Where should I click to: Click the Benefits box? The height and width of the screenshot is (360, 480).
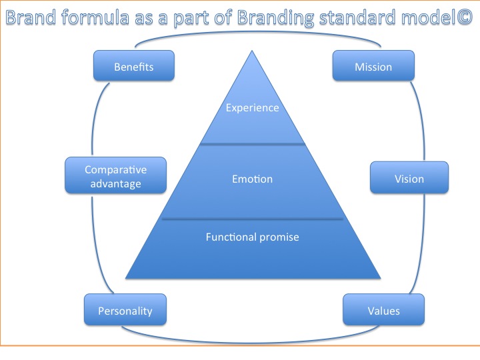pos(133,67)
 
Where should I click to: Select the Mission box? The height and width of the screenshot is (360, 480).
pos(373,67)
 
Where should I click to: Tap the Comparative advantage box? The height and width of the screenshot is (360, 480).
pos(115,176)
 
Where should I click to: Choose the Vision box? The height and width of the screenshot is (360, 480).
pos(409,179)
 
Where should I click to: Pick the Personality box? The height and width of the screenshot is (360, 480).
pos(125,311)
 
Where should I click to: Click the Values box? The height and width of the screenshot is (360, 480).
pos(383,311)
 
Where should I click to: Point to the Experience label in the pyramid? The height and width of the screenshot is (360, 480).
pos(252,107)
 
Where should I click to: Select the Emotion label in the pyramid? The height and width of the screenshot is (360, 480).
pos(252,179)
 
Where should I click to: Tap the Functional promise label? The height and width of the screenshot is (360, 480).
pos(252,237)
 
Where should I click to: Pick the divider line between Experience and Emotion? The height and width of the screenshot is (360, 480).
pos(253,143)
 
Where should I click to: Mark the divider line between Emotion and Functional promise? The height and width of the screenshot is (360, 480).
pos(253,218)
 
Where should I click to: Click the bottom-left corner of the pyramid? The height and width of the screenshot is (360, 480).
pos(126,277)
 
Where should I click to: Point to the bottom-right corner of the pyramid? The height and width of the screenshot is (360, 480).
pos(380,277)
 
